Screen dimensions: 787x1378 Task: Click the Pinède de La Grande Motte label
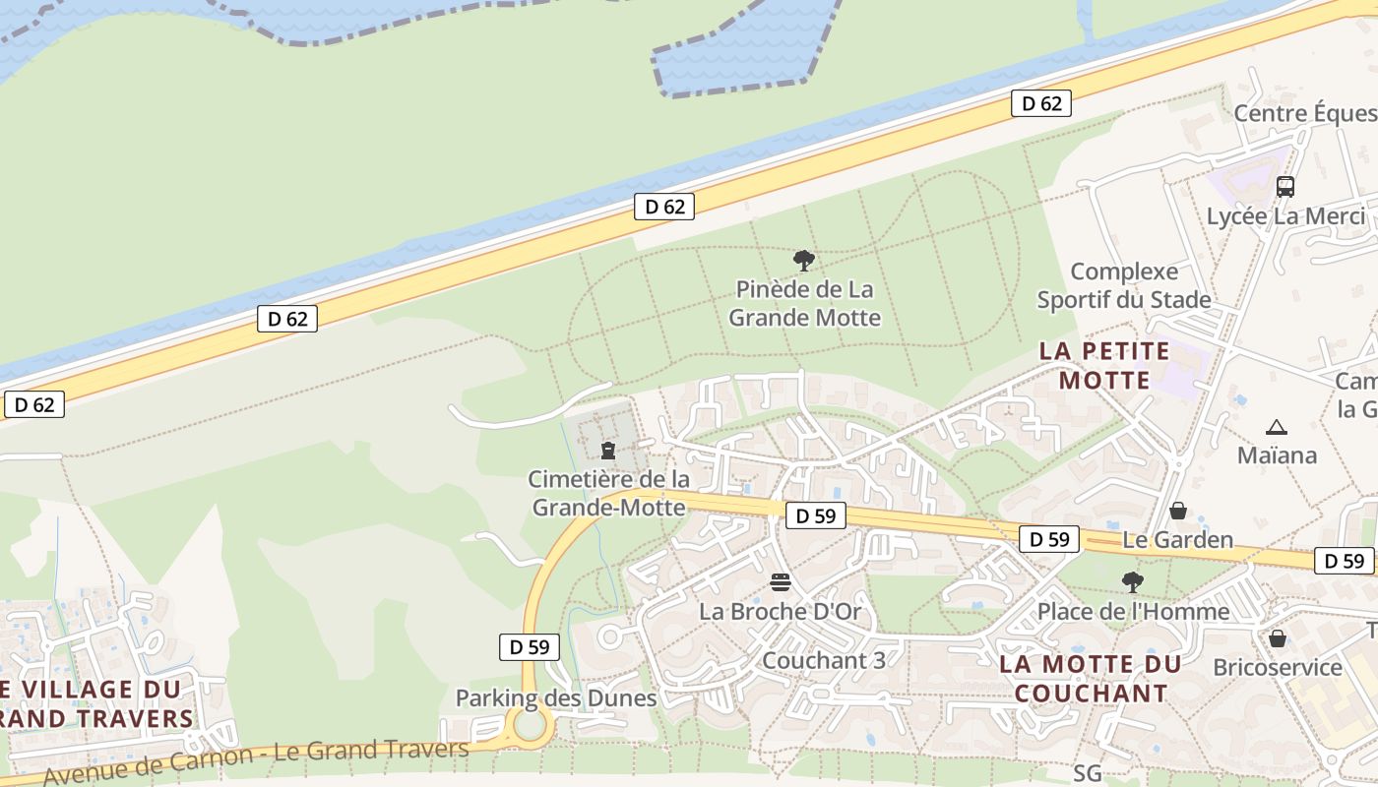[x=804, y=304]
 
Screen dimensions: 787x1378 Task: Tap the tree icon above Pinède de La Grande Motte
[x=804, y=261]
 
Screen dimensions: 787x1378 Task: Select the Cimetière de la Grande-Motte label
[x=609, y=493]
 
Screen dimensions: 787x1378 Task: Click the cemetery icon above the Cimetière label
[x=608, y=451]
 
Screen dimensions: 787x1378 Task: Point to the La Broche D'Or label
[x=780, y=611]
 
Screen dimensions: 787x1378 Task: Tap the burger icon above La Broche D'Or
[x=781, y=582]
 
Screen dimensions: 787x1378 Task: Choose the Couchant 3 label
[x=824, y=660]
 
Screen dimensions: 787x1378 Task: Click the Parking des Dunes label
[x=555, y=698]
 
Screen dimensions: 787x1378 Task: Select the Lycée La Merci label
[x=1286, y=216]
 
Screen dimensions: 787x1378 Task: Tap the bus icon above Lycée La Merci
[x=1284, y=186]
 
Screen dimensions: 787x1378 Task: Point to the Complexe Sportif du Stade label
[x=1124, y=285]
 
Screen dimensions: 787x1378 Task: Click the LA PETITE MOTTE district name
[x=1104, y=365]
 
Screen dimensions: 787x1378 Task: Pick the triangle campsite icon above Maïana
[x=1277, y=427]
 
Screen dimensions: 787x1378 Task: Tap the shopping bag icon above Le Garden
[x=1177, y=511]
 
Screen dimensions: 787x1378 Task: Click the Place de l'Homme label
[x=1133, y=611]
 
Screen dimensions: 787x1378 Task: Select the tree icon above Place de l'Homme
[x=1133, y=582]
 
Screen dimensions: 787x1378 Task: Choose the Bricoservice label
[x=1277, y=667]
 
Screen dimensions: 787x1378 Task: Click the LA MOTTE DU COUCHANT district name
[x=1090, y=678]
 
